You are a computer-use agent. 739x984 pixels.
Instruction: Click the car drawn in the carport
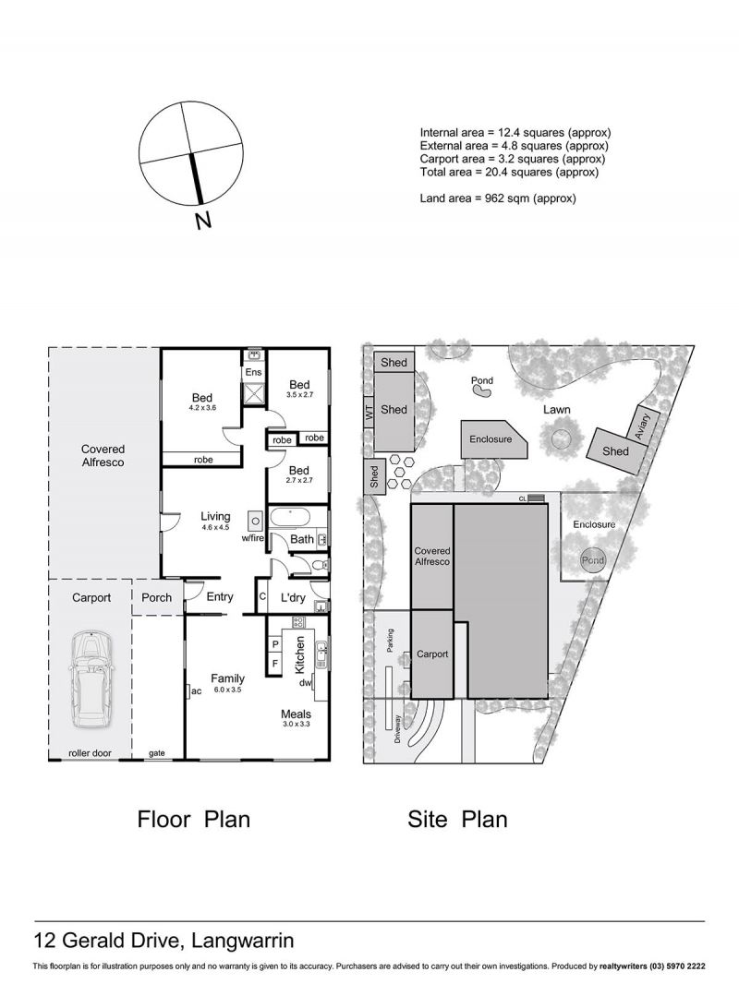[x=91, y=678]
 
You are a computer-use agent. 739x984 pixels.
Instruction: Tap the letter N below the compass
[x=202, y=221]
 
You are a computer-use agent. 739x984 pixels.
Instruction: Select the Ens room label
[x=253, y=372]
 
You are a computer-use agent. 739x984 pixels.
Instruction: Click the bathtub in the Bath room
[x=289, y=519]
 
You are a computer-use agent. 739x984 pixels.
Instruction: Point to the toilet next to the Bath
[x=319, y=565]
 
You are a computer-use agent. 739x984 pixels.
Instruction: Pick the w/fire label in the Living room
[x=252, y=538]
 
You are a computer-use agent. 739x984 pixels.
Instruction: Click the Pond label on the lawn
[x=482, y=380]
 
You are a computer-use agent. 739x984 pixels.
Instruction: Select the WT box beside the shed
[x=369, y=413]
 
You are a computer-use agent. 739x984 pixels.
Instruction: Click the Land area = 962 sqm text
[x=498, y=198]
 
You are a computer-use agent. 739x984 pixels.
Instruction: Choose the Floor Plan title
[x=193, y=820]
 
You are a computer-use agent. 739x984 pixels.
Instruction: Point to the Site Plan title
[x=457, y=820]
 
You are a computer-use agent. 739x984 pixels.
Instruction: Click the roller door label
[x=90, y=753]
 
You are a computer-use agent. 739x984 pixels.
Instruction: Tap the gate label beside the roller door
[x=156, y=753]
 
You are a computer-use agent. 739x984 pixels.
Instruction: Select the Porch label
[x=156, y=597]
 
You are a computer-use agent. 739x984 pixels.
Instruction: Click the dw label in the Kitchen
[x=305, y=683]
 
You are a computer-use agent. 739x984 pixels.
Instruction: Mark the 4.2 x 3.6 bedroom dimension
[x=201, y=408]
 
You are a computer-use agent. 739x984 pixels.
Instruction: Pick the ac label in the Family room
[x=196, y=691]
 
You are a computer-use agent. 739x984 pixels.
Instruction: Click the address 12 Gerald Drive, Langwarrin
[x=164, y=942]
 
